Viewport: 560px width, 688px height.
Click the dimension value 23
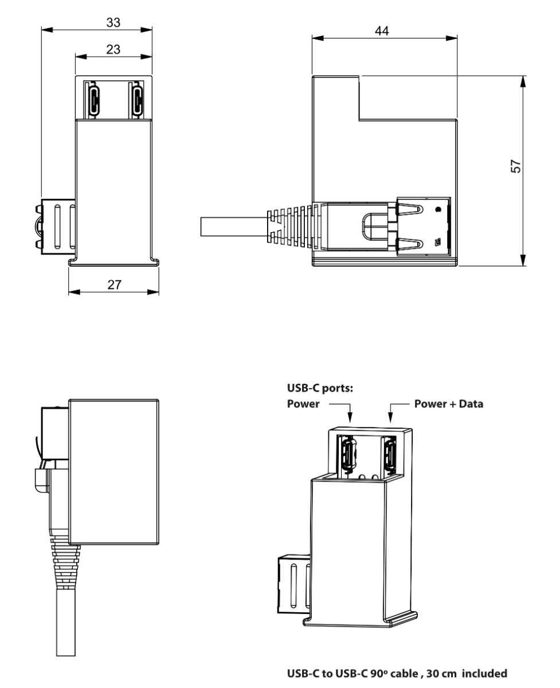pyautogui.click(x=113, y=49)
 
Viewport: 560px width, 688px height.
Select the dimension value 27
pyautogui.click(x=113, y=284)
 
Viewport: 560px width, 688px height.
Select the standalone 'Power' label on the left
pyautogui.click(x=303, y=404)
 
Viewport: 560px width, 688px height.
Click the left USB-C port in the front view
pyautogui.click(x=94, y=98)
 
